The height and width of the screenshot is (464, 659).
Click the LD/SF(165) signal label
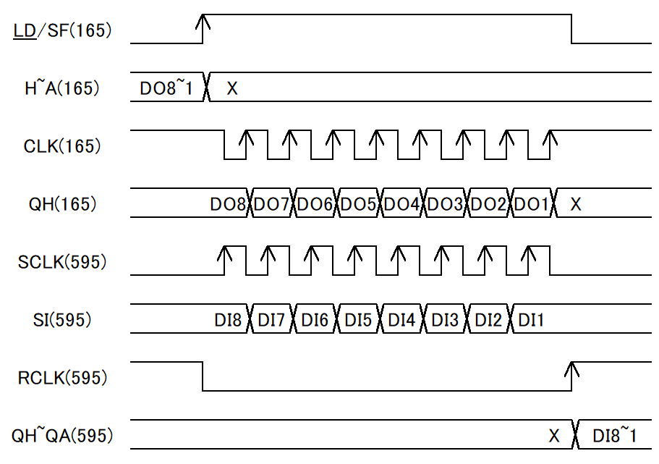(x=63, y=30)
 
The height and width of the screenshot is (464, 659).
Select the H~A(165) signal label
(x=62, y=88)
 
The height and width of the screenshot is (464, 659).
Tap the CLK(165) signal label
(x=62, y=146)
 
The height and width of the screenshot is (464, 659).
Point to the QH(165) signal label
(x=63, y=204)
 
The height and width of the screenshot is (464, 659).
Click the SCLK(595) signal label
(x=62, y=261)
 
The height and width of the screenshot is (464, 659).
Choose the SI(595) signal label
(x=62, y=320)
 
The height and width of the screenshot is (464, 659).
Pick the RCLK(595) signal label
(x=63, y=377)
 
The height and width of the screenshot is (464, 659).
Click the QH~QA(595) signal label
(x=62, y=435)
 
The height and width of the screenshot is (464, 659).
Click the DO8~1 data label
(x=166, y=88)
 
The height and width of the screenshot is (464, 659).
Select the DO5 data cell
(x=359, y=204)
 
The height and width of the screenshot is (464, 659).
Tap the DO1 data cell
(x=532, y=204)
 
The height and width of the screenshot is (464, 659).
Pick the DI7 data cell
(x=271, y=320)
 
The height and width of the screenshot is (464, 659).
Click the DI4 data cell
(x=401, y=320)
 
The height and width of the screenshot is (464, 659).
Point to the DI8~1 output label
(x=614, y=435)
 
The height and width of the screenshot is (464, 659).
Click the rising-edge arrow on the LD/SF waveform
(x=203, y=29)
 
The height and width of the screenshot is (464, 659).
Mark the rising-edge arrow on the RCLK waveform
(x=571, y=376)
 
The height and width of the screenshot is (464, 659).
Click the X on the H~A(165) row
(x=232, y=88)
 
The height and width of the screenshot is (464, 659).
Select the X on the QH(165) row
(x=576, y=204)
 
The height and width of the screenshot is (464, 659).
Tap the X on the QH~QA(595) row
(x=554, y=436)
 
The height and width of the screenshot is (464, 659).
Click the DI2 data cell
(x=488, y=320)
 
